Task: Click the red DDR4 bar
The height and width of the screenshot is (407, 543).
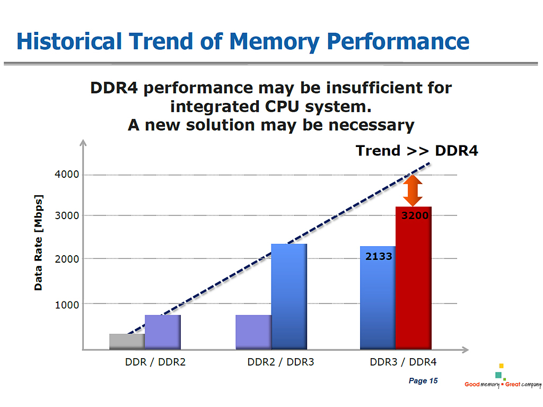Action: (x=414, y=278)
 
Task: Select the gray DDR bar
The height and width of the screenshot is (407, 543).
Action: (x=127, y=342)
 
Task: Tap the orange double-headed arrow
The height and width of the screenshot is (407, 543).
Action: (x=413, y=190)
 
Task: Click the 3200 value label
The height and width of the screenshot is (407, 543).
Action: (x=415, y=215)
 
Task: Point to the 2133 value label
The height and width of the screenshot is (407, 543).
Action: (x=379, y=256)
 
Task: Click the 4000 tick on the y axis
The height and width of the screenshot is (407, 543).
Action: (x=67, y=174)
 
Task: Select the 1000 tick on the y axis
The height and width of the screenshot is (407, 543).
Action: (x=67, y=305)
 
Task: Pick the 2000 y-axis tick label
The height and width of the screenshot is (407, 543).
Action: (x=67, y=259)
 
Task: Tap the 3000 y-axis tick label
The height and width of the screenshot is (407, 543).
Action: (x=67, y=215)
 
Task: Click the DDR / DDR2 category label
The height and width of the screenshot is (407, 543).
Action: (x=155, y=362)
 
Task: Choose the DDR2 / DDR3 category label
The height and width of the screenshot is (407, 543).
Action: (x=281, y=362)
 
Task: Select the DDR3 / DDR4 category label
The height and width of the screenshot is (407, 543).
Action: (x=403, y=362)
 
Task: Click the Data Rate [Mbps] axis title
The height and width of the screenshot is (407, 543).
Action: (x=38, y=243)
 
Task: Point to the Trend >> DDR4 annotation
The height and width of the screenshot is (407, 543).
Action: (x=417, y=151)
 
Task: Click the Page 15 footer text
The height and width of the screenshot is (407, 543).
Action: (x=423, y=380)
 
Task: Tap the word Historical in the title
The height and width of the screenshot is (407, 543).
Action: (x=69, y=41)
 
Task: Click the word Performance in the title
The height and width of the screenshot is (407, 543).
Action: (x=398, y=42)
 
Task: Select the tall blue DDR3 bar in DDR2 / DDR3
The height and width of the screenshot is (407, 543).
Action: (x=289, y=297)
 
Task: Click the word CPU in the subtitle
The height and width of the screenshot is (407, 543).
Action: (x=282, y=107)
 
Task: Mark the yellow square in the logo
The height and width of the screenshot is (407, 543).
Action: (x=501, y=366)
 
